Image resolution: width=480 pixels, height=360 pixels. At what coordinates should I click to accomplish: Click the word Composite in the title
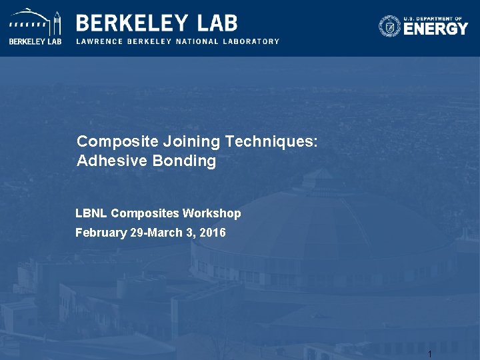(111, 141)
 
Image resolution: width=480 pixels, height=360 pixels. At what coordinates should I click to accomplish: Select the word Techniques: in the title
(271, 141)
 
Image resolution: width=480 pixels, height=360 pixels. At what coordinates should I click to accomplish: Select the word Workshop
(213, 213)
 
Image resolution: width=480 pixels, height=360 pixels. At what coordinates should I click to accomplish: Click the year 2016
(213, 233)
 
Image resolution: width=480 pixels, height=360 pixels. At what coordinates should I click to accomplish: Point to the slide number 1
(430, 354)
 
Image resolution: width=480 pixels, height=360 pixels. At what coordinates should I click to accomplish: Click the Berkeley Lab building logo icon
(35, 23)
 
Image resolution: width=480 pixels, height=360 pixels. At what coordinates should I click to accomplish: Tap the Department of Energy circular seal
(390, 27)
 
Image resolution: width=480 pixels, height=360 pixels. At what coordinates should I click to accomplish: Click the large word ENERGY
(436, 29)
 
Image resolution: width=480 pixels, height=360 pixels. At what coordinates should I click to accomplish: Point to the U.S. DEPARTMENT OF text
(436, 18)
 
